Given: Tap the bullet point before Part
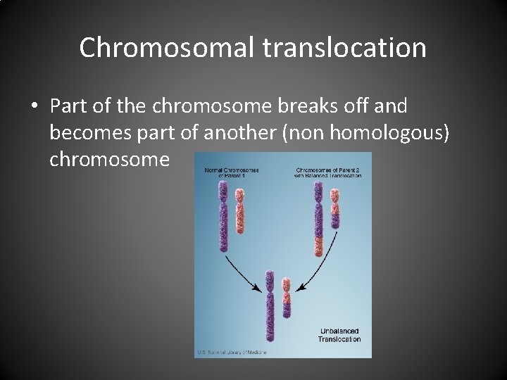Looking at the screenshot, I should [x=35, y=106].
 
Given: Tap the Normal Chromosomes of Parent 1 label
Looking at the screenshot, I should [x=232, y=172].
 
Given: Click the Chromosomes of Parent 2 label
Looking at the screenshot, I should [x=327, y=172].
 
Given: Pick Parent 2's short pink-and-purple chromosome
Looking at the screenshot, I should [x=337, y=204].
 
